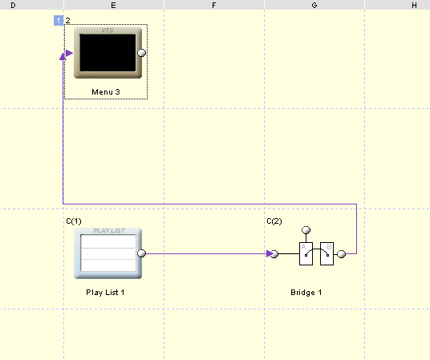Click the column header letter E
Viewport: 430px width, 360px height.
113,5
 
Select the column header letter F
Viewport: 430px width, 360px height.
214,5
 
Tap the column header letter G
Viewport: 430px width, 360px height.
314,5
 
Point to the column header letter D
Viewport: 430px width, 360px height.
13,5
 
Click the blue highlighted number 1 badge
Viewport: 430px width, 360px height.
59,21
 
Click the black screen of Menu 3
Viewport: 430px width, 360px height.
107,53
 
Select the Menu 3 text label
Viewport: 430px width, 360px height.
106,92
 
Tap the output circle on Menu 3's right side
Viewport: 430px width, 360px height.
141,53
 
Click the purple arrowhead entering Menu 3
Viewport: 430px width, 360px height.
69,53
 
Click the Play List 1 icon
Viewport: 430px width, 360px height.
107,253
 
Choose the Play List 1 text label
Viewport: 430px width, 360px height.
105,293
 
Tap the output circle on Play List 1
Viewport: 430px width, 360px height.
141,253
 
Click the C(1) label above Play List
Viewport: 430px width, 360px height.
74,221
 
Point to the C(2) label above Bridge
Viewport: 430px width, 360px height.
274,221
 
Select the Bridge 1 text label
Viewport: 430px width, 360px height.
306,293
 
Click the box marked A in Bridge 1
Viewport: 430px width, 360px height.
306,253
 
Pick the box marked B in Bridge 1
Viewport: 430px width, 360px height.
327,253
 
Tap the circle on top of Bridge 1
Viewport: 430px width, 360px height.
306,230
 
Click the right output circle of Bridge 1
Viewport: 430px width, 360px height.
341,254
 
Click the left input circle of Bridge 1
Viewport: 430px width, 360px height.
274,254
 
